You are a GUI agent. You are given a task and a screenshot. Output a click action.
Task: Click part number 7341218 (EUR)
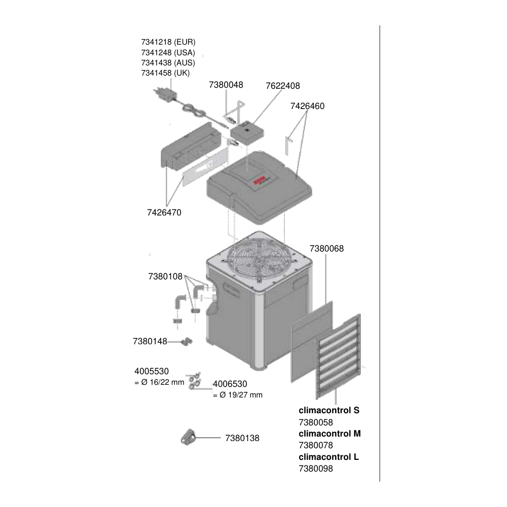(168, 42)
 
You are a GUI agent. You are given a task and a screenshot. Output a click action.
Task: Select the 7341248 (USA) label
(168, 52)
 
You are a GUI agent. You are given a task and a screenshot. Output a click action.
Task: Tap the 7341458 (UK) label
(165, 73)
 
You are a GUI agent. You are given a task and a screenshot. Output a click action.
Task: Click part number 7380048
(226, 85)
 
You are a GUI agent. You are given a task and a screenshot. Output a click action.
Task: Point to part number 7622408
(283, 86)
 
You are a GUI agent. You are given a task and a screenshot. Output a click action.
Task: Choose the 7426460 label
(308, 106)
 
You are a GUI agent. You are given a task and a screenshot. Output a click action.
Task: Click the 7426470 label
(164, 212)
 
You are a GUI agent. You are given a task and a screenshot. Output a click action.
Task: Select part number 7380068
(327, 248)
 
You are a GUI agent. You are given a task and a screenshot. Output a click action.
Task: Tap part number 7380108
(165, 276)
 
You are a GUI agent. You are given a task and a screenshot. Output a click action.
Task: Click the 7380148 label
(150, 341)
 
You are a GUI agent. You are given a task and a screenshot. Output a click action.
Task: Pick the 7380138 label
(242, 438)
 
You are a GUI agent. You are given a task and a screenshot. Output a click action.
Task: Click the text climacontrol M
(330, 433)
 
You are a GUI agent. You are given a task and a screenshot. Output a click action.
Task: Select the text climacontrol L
(329, 457)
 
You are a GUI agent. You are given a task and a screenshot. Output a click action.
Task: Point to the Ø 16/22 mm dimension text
(163, 382)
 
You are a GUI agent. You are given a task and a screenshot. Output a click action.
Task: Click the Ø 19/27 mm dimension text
(241, 395)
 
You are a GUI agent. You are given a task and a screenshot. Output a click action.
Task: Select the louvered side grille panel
(338, 356)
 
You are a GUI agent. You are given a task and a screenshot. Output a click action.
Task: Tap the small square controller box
(247, 132)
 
